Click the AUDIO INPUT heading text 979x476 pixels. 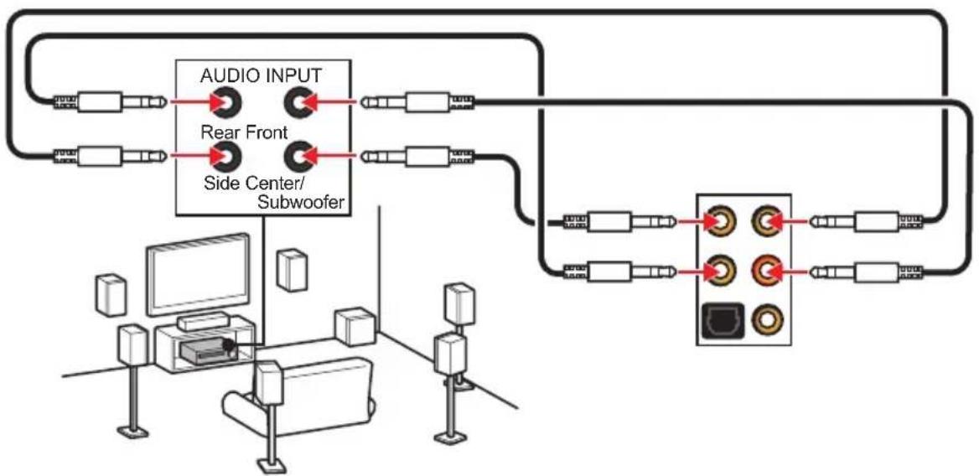pos(261,75)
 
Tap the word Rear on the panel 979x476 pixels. pos(220,132)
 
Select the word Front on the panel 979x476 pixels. pos(266,132)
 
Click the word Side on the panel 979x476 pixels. pos(219,184)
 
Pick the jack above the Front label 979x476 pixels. pos(299,101)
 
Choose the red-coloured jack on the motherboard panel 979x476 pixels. pos(765,271)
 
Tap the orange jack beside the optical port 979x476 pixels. pos(765,320)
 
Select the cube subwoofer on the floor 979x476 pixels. pos(356,326)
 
